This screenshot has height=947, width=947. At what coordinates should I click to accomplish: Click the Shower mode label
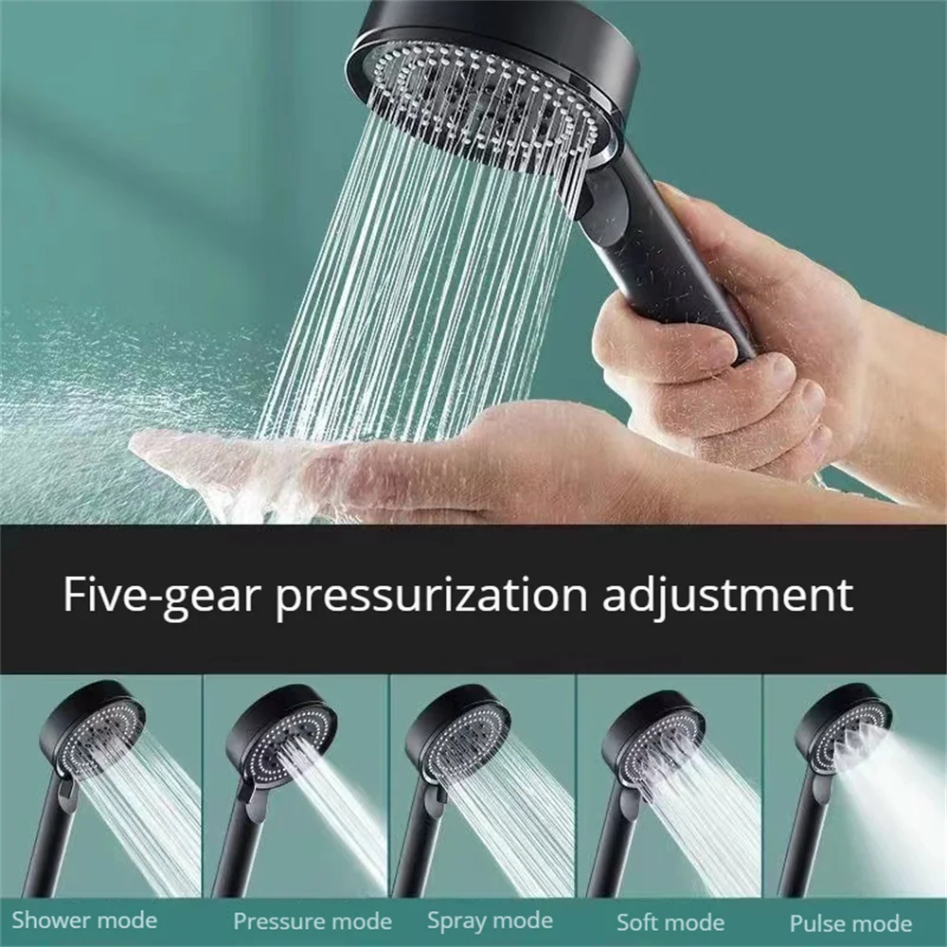click(x=84, y=920)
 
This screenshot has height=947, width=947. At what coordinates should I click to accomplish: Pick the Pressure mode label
click(x=313, y=920)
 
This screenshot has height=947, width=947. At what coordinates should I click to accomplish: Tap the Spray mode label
click(x=490, y=920)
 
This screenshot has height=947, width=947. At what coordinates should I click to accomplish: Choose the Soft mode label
click(x=671, y=921)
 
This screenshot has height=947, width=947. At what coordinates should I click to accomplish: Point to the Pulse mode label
click(x=849, y=922)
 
